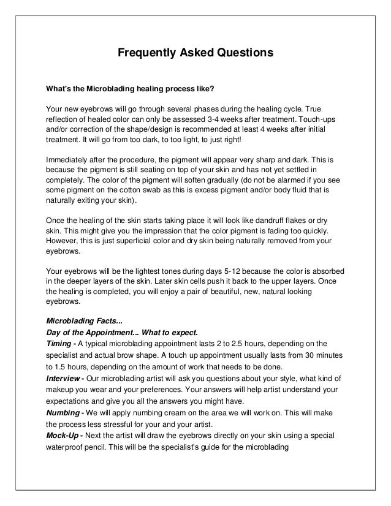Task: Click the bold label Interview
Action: tap(64, 378)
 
